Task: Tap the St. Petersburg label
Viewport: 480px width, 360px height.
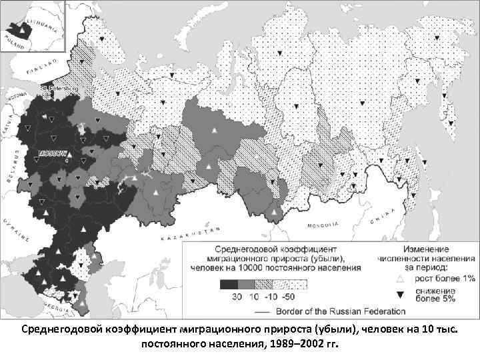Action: point(59,87)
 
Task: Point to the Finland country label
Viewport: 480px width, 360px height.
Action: point(39,69)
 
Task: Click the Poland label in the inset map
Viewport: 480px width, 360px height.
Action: point(15,39)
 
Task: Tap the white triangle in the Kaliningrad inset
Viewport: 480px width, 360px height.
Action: point(23,30)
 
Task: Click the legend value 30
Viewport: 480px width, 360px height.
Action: point(236,296)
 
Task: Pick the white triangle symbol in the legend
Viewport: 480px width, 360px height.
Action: point(401,279)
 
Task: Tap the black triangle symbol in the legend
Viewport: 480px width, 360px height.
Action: point(401,294)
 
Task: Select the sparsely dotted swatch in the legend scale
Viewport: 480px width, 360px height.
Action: point(299,284)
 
